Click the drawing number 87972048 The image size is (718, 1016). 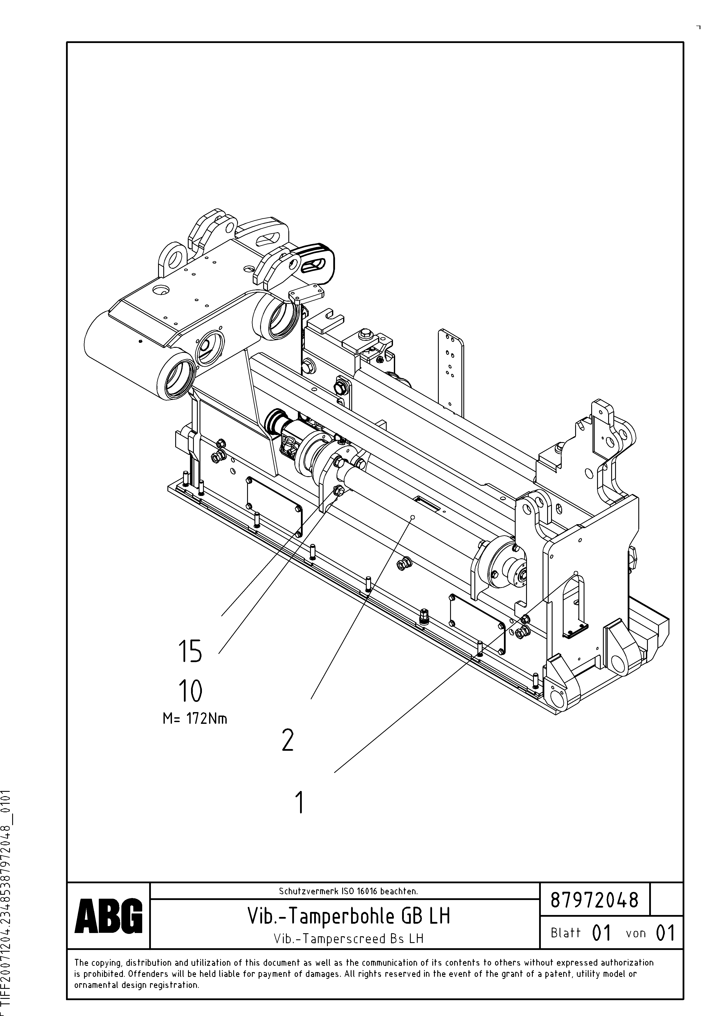point(595,900)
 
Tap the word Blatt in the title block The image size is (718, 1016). point(565,933)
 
